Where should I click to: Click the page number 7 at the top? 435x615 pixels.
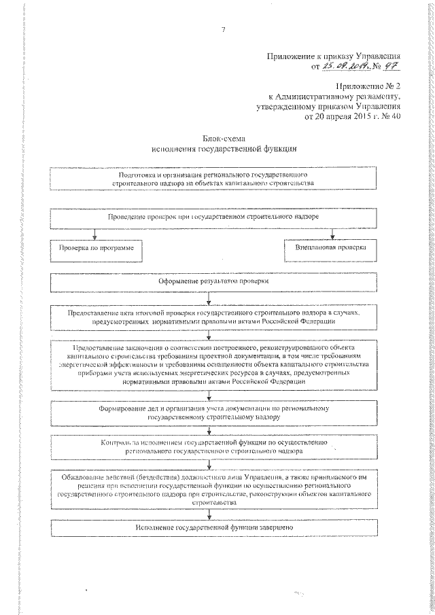[223, 28]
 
